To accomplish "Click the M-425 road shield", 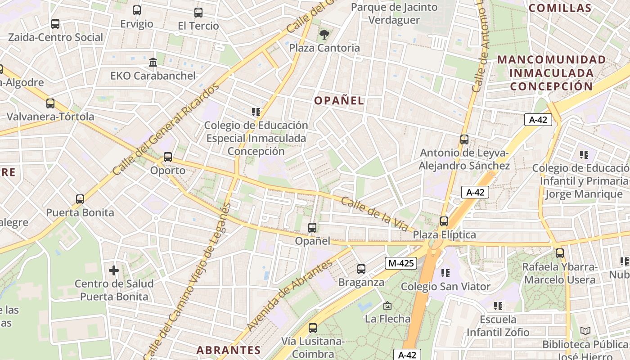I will coord(400,263).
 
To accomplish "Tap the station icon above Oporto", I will coord(168,157).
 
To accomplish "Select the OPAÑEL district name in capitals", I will coord(339,100).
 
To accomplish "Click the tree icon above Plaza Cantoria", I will coord(324,34).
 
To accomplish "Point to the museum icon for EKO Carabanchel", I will coord(153,62).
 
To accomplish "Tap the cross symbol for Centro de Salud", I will coord(114,270).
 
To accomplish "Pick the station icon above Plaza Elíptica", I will coord(444,221).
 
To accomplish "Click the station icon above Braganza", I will coord(361,269).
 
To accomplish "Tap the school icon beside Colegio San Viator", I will coord(446,273).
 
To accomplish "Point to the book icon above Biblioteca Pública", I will coord(585,331).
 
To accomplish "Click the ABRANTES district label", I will coord(229,350).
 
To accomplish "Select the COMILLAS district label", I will coord(560,8).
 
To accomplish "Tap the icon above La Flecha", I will coord(387,306).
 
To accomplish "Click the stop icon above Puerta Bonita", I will coord(80,199).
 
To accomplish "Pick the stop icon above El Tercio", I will coord(198,13).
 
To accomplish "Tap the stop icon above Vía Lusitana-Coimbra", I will coord(313,328).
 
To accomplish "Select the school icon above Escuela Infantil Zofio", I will coord(498,306).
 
